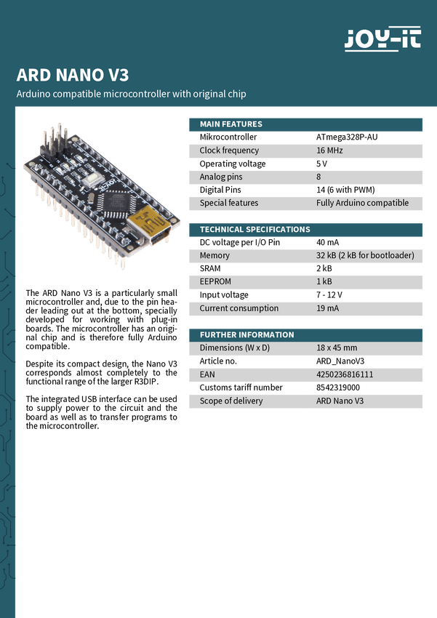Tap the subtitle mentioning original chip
(x=132, y=94)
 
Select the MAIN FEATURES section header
(x=230, y=124)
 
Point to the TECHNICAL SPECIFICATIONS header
(x=254, y=230)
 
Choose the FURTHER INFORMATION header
(x=246, y=335)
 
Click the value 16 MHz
(x=329, y=151)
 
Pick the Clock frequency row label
(x=229, y=151)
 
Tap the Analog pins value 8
(x=318, y=177)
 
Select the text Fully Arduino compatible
(x=362, y=203)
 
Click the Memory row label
(x=215, y=256)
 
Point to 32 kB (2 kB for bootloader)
(x=365, y=256)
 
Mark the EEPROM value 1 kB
(x=324, y=281)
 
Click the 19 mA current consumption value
(x=327, y=308)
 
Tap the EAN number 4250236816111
(x=345, y=374)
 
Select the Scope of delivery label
(x=231, y=401)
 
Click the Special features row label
(x=228, y=203)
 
